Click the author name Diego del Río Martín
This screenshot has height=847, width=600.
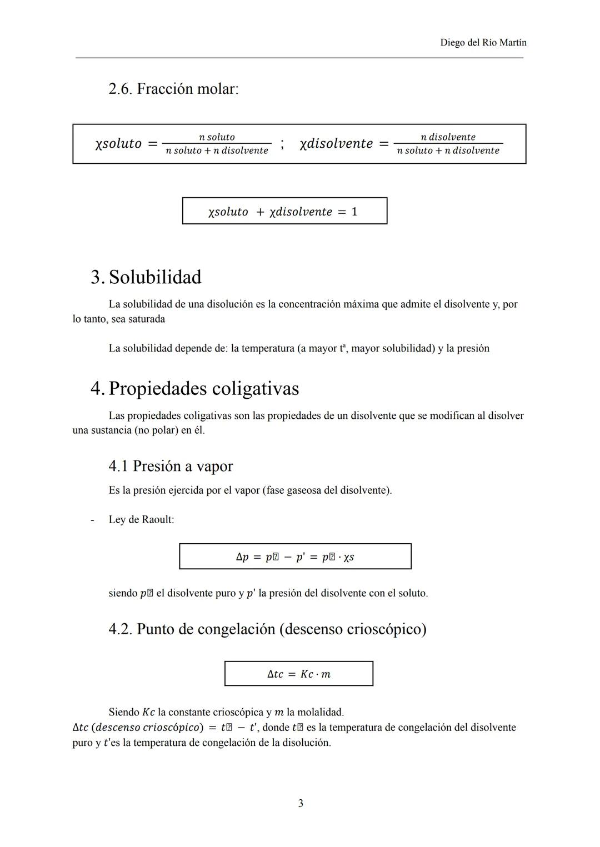(x=483, y=43)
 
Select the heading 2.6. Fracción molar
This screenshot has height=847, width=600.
(x=173, y=89)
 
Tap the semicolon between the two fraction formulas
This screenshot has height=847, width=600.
(x=282, y=144)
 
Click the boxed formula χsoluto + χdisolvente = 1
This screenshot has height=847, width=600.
(x=284, y=212)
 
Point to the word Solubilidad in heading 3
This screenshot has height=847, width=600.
(x=155, y=277)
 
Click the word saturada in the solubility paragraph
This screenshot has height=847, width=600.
(x=146, y=319)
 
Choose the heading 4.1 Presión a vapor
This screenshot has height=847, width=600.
(x=171, y=466)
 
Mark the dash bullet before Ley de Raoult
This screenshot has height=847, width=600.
(x=92, y=520)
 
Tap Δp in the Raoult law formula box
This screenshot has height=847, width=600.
(x=242, y=557)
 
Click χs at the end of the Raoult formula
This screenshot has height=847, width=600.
(x=348, y=557)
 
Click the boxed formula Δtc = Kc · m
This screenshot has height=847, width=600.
(x=298, y=674)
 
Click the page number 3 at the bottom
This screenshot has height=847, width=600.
(x=301, y=804)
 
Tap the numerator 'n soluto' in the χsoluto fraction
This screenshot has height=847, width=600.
(x=217, y=137)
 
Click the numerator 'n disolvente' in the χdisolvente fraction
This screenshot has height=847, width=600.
(x=448, y=137)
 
